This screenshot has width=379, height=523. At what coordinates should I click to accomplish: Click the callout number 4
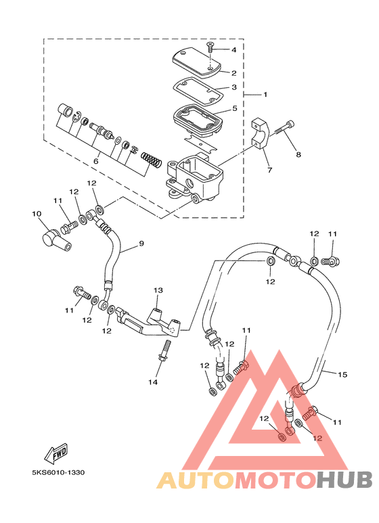[x=233, y=49]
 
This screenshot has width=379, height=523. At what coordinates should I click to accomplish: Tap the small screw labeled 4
[x=210, y=47]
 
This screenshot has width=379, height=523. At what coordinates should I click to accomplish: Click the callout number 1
[x=265, y=95]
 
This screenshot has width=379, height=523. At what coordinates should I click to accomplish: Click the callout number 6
[x=96, y=162]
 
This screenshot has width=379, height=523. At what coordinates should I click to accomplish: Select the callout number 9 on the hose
[x=141, y=244]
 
